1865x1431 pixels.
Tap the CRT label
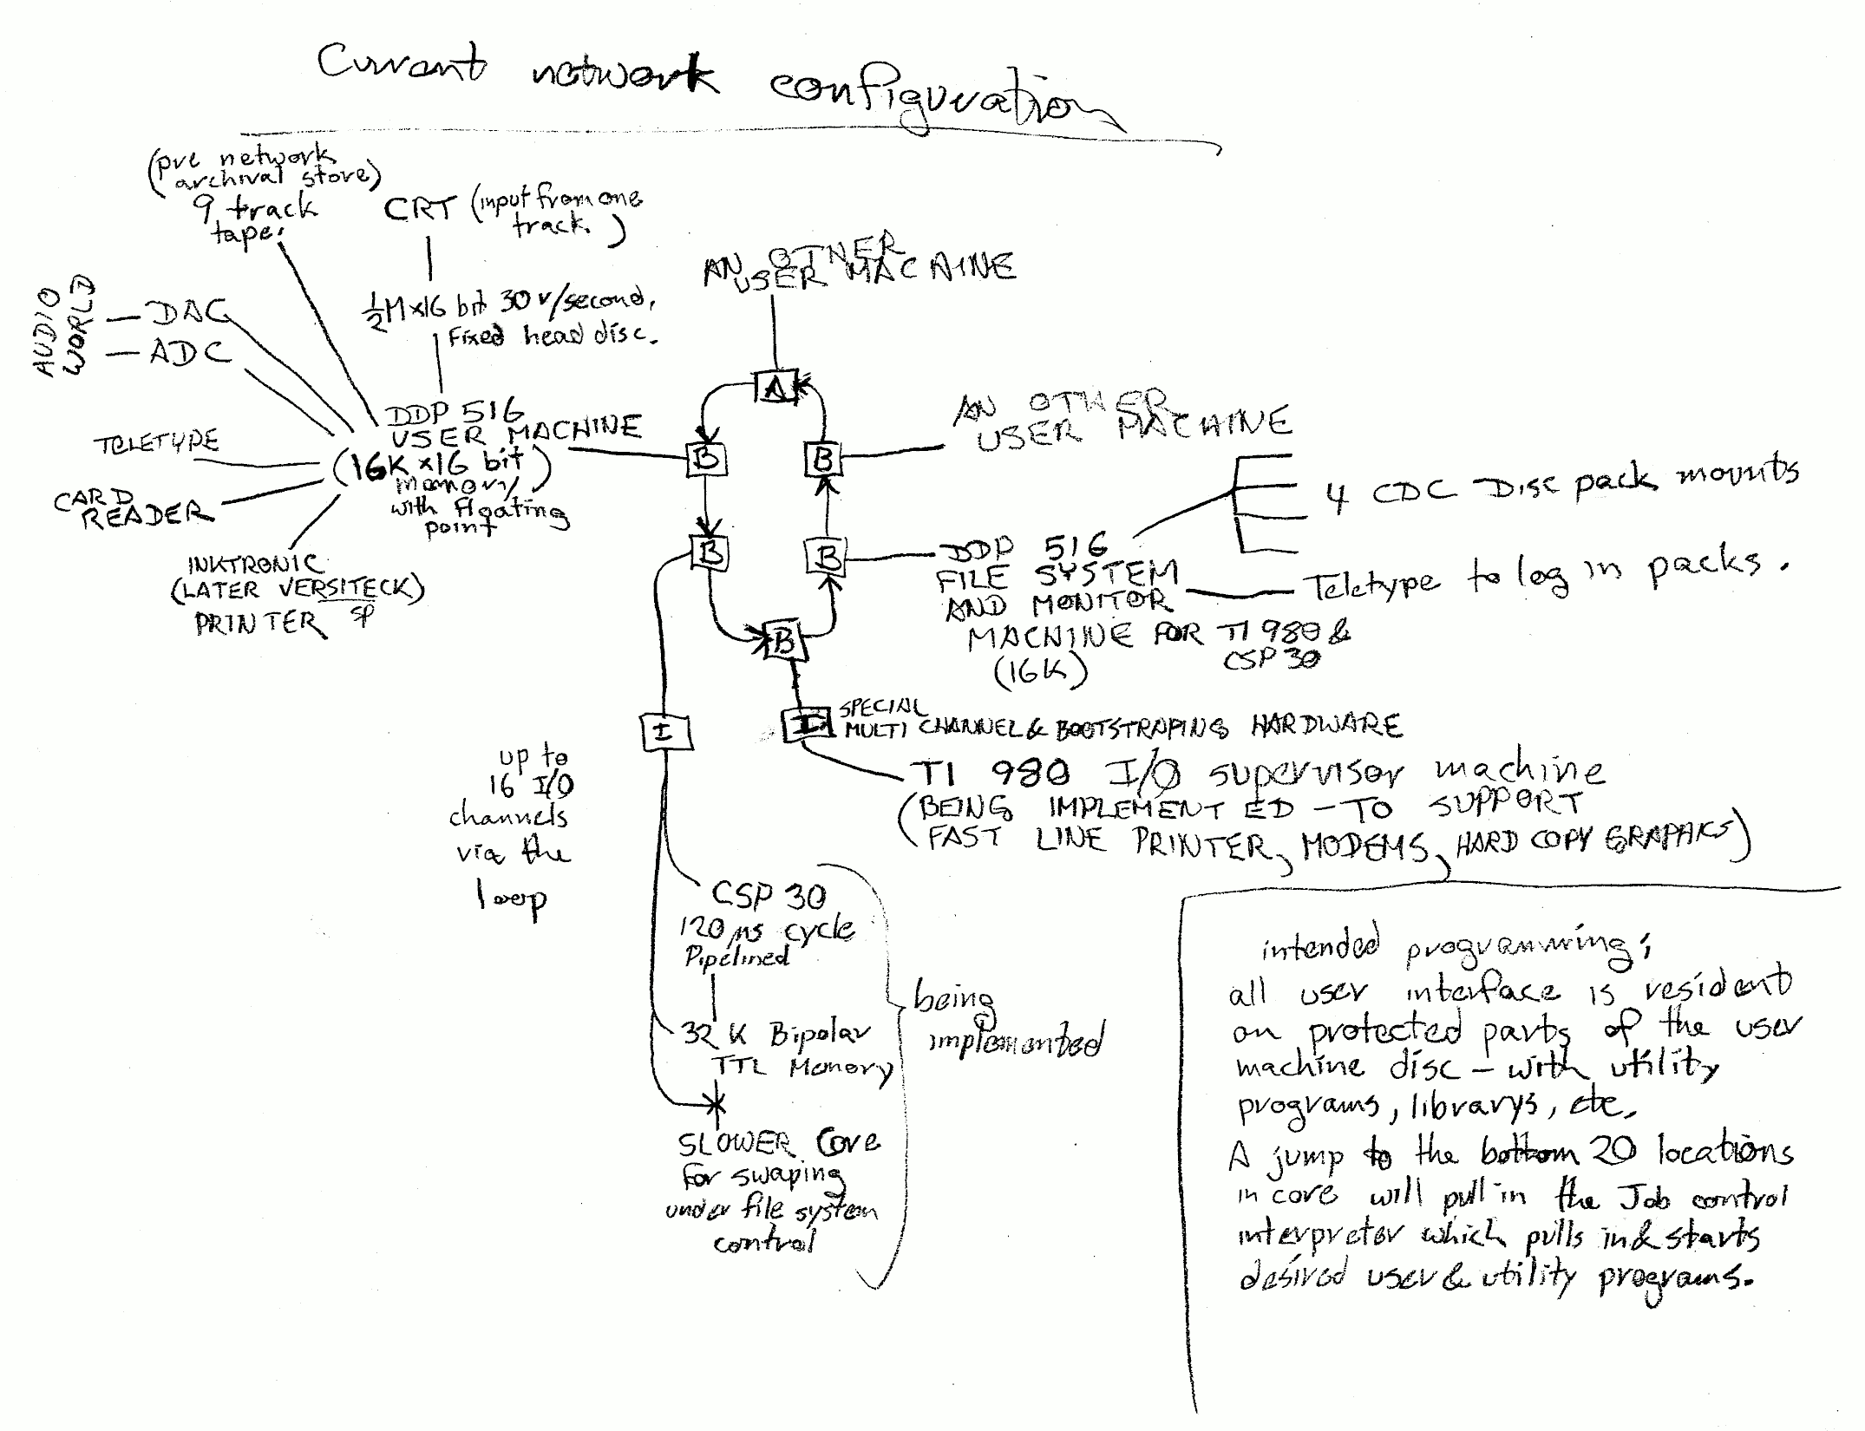[420, 210]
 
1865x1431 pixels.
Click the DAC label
[186, 313]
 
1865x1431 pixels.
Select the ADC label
[190, 353]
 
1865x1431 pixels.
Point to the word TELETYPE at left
[156, 443]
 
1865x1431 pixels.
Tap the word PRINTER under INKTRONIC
[259, 623]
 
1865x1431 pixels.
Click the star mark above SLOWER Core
[717, 1104]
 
